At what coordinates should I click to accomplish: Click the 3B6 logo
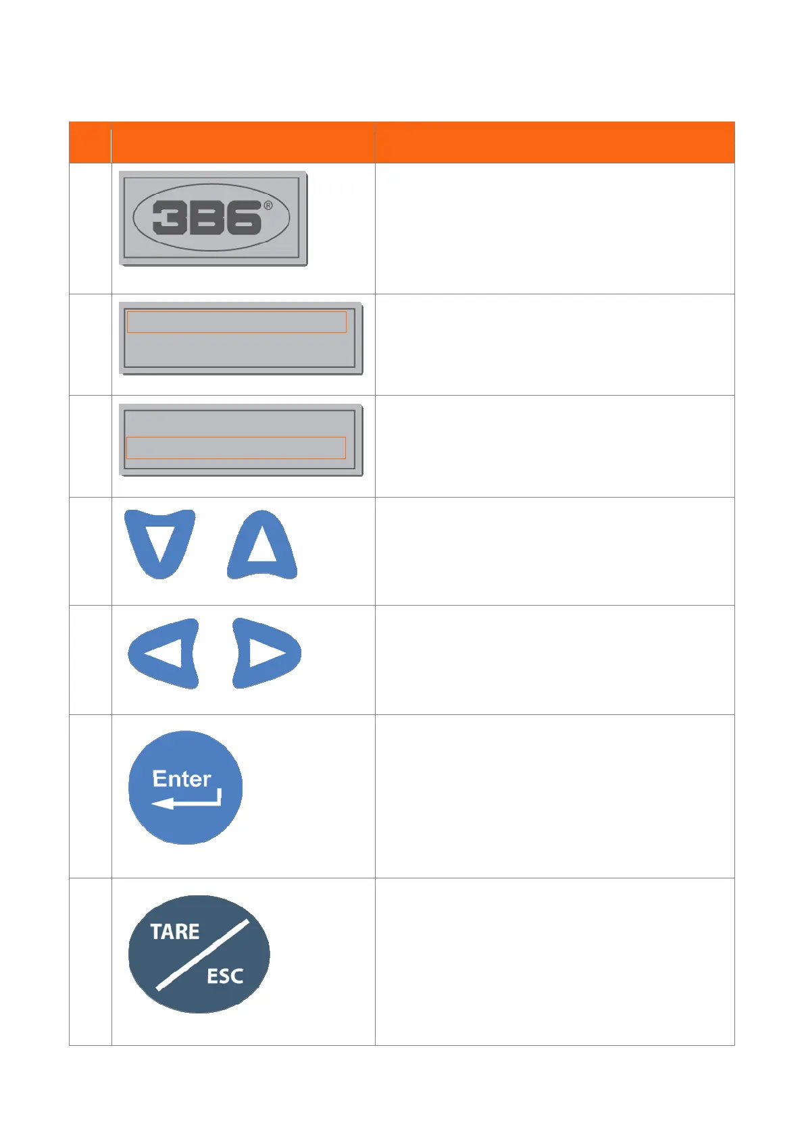coord(212,218)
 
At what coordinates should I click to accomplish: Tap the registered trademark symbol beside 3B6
coord(268,206)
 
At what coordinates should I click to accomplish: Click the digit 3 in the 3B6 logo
coord(169,218)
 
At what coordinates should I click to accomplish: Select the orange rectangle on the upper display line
coord(236,322)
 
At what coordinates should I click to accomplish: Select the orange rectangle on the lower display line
coord(236,448)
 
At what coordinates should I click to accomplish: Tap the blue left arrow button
coord(164,653)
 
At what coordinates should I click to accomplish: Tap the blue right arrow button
coord(266,653)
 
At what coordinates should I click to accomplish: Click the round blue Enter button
coord(185,787)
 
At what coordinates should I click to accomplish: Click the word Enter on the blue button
coord(182,778)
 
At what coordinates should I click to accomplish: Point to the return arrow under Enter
coord(186,801)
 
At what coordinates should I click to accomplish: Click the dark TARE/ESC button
coord(199,954)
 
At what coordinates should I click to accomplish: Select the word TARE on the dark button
coord(175,932)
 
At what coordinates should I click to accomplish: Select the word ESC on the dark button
coord(225,976)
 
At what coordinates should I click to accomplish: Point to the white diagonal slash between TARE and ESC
coord(202,955)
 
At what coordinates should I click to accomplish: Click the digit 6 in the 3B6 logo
coord(243,218)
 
